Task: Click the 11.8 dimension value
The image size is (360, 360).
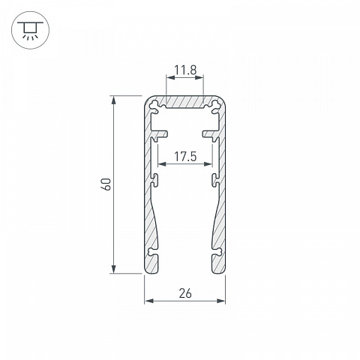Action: (185, 70)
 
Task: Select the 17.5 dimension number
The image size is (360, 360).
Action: (185, 157)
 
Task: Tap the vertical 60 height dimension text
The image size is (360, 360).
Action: (106, 184)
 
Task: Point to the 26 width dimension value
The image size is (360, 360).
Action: (185, 293)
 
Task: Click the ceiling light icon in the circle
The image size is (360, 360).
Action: (30, 30)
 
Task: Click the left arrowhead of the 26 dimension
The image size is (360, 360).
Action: (149, 301)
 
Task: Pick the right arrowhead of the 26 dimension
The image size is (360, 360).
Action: (221, 301)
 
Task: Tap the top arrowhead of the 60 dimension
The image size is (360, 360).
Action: (114, 100)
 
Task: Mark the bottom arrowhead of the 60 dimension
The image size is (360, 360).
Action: (114, 268)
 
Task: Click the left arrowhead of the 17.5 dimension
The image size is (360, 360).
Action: (163, 164)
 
